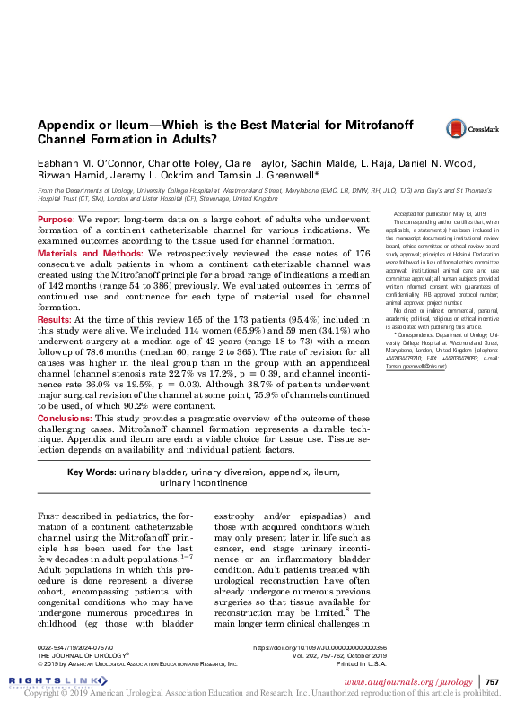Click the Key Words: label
coord(94,472)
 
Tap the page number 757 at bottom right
coord(492,682)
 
